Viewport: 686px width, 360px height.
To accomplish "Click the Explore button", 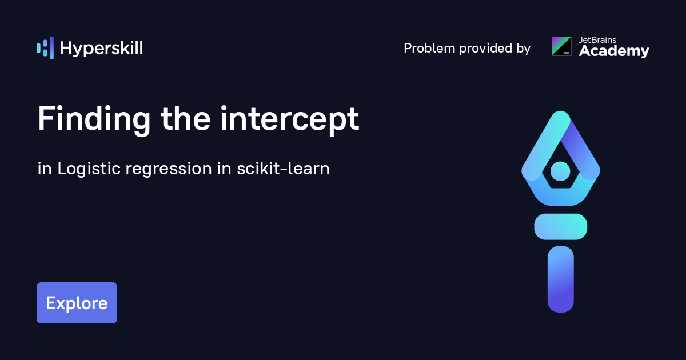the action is (77, 303).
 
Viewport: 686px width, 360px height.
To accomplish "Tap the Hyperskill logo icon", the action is (45, 48).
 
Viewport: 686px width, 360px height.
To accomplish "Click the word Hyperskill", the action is (101, 49).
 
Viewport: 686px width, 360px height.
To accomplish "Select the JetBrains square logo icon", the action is (561, 46).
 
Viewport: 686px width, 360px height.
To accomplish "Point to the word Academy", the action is (614, 51).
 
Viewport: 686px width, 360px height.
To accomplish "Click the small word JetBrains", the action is (597, 40).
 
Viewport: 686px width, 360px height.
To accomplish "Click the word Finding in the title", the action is (94, 119).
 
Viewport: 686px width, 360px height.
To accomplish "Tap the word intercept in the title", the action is (290, 119).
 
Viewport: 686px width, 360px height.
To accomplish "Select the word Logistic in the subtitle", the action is (89, 169).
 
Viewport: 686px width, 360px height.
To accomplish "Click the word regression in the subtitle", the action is (169, 169).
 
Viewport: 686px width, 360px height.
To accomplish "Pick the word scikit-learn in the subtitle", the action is (284, 169).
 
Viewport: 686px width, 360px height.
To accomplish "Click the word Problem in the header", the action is (429, 48).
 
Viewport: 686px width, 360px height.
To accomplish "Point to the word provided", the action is (486, 49).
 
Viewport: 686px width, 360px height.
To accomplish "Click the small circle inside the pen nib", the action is (560, 171).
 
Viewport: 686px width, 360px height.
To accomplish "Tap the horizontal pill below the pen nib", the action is (561, 226).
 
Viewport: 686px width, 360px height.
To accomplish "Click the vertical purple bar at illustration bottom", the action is (561, 279).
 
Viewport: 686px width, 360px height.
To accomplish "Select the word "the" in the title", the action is (186, 119).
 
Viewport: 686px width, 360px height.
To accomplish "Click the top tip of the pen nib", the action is (561, 111).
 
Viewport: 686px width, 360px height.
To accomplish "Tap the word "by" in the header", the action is (524, 49).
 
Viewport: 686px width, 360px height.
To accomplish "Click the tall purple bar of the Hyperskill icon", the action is (52, 48).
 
